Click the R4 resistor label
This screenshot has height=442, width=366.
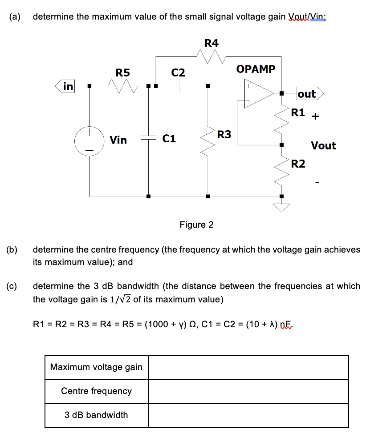tap(211, 43)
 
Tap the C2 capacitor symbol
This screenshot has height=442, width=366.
tap(178, 86)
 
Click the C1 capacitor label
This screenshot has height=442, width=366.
tap(169, 139)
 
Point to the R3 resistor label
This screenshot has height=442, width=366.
tap(224, 134)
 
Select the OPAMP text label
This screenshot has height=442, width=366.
tap(256, 69)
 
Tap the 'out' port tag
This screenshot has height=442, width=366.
tap(307, 94)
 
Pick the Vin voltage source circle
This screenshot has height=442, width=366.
tap(89, 141)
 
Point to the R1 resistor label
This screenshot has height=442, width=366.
tap(298, 112)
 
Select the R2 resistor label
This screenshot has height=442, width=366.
tap(298, 164)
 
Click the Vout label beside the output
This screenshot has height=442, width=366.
tap(324, 145)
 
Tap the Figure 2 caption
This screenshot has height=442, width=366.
tap(196, 225)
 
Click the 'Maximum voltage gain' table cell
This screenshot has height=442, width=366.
tap(96, 367)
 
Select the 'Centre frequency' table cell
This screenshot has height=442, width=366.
tap(96, 391)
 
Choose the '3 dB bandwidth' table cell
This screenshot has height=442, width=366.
tap(96, 415)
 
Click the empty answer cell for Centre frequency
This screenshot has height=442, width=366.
tap(248, 391)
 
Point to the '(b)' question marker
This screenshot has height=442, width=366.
tap(12, 249)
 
